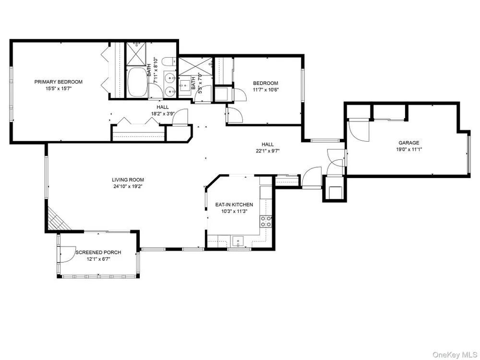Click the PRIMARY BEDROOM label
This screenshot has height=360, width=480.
coord(58,82)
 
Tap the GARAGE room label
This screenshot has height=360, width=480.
coord(408,143)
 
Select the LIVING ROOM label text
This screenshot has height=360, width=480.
coord(128,180)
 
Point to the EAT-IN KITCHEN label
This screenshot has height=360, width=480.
coord(234,205)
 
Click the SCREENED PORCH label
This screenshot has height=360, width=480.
coord(98,252)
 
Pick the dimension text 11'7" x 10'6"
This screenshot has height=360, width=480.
coord(265,90)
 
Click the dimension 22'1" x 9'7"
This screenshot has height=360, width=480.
coord(267,151)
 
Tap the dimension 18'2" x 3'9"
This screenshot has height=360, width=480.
coord(163,113)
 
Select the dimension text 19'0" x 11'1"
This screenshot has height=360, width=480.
coord(408,150)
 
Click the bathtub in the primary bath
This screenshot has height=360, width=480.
coord(137,82)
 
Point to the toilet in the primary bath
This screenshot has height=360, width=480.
coord(169,62)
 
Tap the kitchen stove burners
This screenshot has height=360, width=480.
coord(265,221)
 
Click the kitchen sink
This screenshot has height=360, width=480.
coord(238,241)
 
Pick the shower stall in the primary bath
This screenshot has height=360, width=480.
coord(136,54)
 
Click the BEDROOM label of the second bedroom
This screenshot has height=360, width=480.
coord(265,83)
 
